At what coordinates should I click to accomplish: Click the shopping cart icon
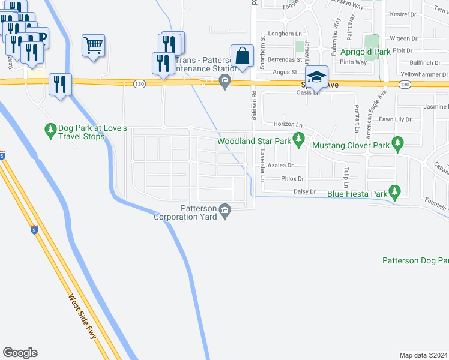pos(93,46)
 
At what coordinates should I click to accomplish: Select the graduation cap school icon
pos(316,77)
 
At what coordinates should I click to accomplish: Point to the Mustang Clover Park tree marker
pos(396,143)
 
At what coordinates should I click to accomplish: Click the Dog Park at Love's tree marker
pos(51,128)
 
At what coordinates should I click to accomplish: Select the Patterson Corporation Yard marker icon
pos(225,209)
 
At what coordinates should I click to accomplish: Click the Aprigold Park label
pos(366,52)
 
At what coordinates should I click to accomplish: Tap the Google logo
pos(20,353)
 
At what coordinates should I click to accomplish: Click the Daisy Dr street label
pos(305,191)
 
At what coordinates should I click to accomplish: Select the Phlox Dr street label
pos(293,179)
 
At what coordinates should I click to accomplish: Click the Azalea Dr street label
pos(280,165)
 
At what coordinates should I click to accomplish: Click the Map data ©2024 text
pos(423,355)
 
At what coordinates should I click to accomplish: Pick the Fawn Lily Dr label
pos(395,119)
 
